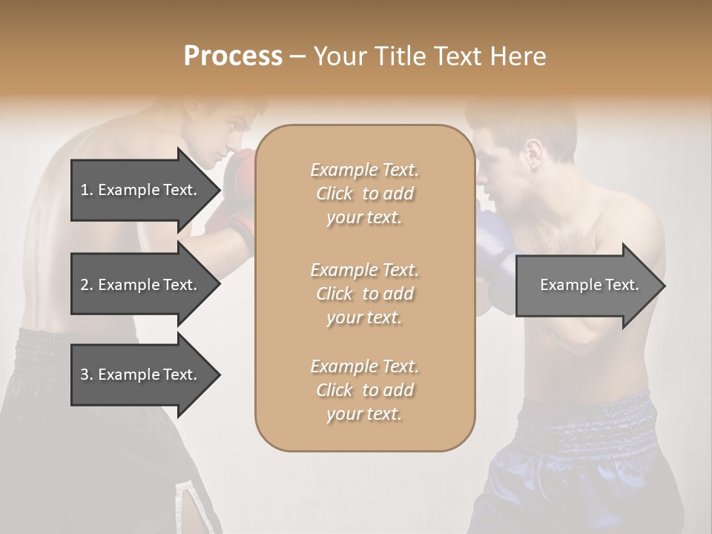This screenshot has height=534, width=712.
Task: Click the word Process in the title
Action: click(233, 56)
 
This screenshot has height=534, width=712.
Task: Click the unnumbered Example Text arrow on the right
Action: click(590, 285)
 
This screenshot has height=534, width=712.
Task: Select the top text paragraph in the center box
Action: click(365, 194)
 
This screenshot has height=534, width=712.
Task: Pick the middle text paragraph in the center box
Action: click(365, 294)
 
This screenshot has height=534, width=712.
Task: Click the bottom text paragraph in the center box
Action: click(365, 390)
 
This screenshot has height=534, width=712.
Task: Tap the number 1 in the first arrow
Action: click(85, 190)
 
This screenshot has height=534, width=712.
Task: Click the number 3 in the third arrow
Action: click(85, 375)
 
